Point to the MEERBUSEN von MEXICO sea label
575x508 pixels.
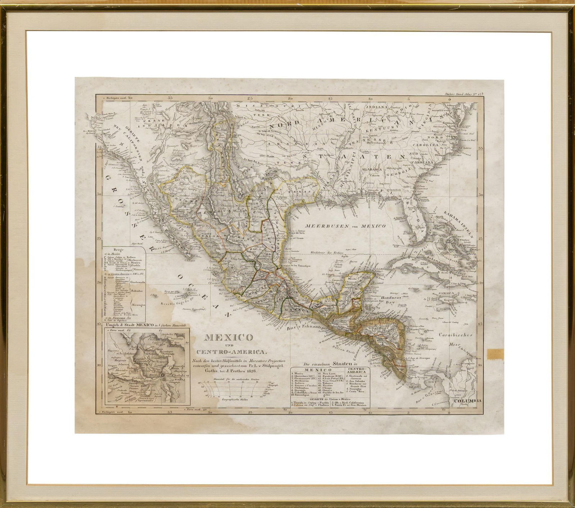pyautogui.click(x=345, y=226)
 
